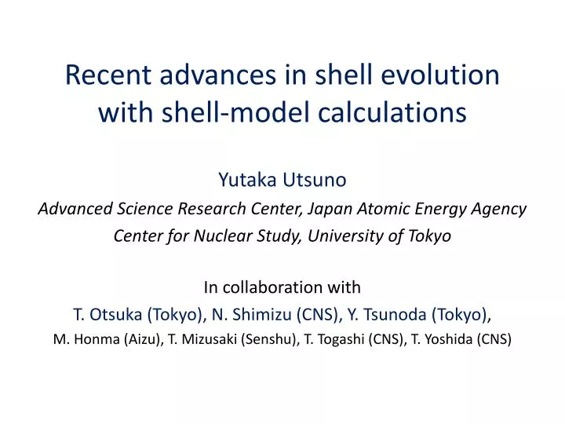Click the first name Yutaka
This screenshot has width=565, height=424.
pyautogui.click(x=246, y=180)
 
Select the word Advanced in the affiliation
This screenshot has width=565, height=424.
pyautogui.click(x=72, y=209)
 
